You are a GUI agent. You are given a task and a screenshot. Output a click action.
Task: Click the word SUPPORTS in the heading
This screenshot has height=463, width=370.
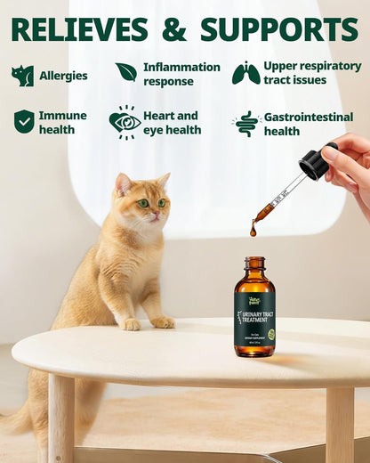coord(278,28)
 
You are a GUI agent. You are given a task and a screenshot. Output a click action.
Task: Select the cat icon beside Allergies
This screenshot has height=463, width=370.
coord(22,76)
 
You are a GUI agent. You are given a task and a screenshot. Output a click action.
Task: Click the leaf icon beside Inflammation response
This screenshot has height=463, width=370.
coord(126,72)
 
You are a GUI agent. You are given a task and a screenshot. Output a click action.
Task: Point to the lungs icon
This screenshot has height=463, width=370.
coord(246,73)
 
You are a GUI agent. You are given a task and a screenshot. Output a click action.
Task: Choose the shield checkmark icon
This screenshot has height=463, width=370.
coord(24,122)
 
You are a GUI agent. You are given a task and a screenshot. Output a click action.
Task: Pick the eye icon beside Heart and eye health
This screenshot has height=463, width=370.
coord(125,122)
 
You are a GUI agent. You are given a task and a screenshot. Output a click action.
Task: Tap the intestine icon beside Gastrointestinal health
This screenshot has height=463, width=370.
coord(246,124)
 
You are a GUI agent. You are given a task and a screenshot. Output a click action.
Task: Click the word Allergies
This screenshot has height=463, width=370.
coord(63,76)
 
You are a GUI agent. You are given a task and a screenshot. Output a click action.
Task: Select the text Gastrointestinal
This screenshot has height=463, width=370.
coord(309,117)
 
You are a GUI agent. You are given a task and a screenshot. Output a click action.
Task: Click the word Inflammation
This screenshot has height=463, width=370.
coord(181,67)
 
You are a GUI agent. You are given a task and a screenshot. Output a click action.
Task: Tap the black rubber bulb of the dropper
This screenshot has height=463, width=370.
coord(314,163)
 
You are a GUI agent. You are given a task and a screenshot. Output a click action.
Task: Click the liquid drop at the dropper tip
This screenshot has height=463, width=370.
coord(253,233)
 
